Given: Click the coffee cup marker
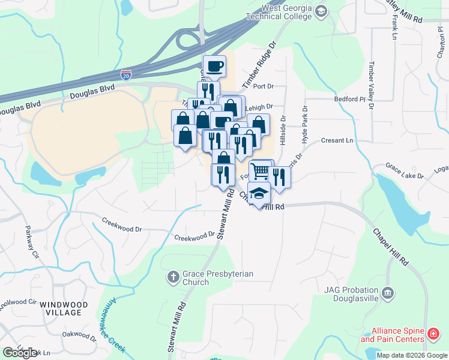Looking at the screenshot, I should pos(214,65).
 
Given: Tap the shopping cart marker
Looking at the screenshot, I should pos(261,171).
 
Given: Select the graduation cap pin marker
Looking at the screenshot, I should pos(259,194).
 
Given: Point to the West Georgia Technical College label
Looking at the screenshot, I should pos(286,13).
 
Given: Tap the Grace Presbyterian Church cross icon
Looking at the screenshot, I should pos(173,277).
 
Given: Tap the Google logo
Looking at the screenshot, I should pos(20,353).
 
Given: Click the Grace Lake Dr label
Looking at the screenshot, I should pos(405,171).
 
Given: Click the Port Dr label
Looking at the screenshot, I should pos(263,86).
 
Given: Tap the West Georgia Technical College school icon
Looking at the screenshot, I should pos(321,11).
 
